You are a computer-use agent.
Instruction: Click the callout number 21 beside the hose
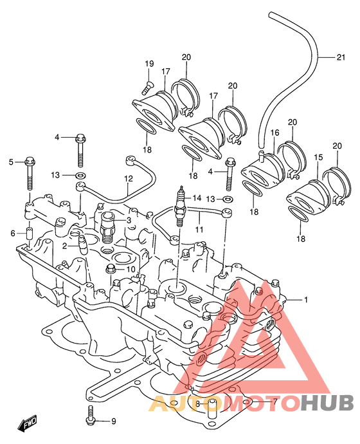tap(341, 57)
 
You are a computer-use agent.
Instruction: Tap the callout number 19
tap(150, 64)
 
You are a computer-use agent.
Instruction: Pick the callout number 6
tap(12, 234)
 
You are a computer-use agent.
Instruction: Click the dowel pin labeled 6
tap(30, 234)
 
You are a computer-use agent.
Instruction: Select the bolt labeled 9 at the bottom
tap(90, 415)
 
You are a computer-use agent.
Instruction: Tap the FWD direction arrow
tap(28, 422)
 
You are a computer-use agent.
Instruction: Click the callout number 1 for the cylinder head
tap(305, 300)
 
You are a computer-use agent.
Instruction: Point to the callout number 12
tap(128, 179)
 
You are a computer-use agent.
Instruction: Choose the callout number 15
tap(318, 157)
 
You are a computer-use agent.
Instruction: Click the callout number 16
tap(274, 133)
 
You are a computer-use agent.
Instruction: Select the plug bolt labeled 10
tap(111, 268)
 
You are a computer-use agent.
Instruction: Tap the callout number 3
tap(129, 220)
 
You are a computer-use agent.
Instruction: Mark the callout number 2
tap(65, 246)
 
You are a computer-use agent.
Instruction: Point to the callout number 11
tap(199, 229)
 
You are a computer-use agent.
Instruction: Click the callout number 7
tap(274, 402)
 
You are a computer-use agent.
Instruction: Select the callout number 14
tap(197, 198)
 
